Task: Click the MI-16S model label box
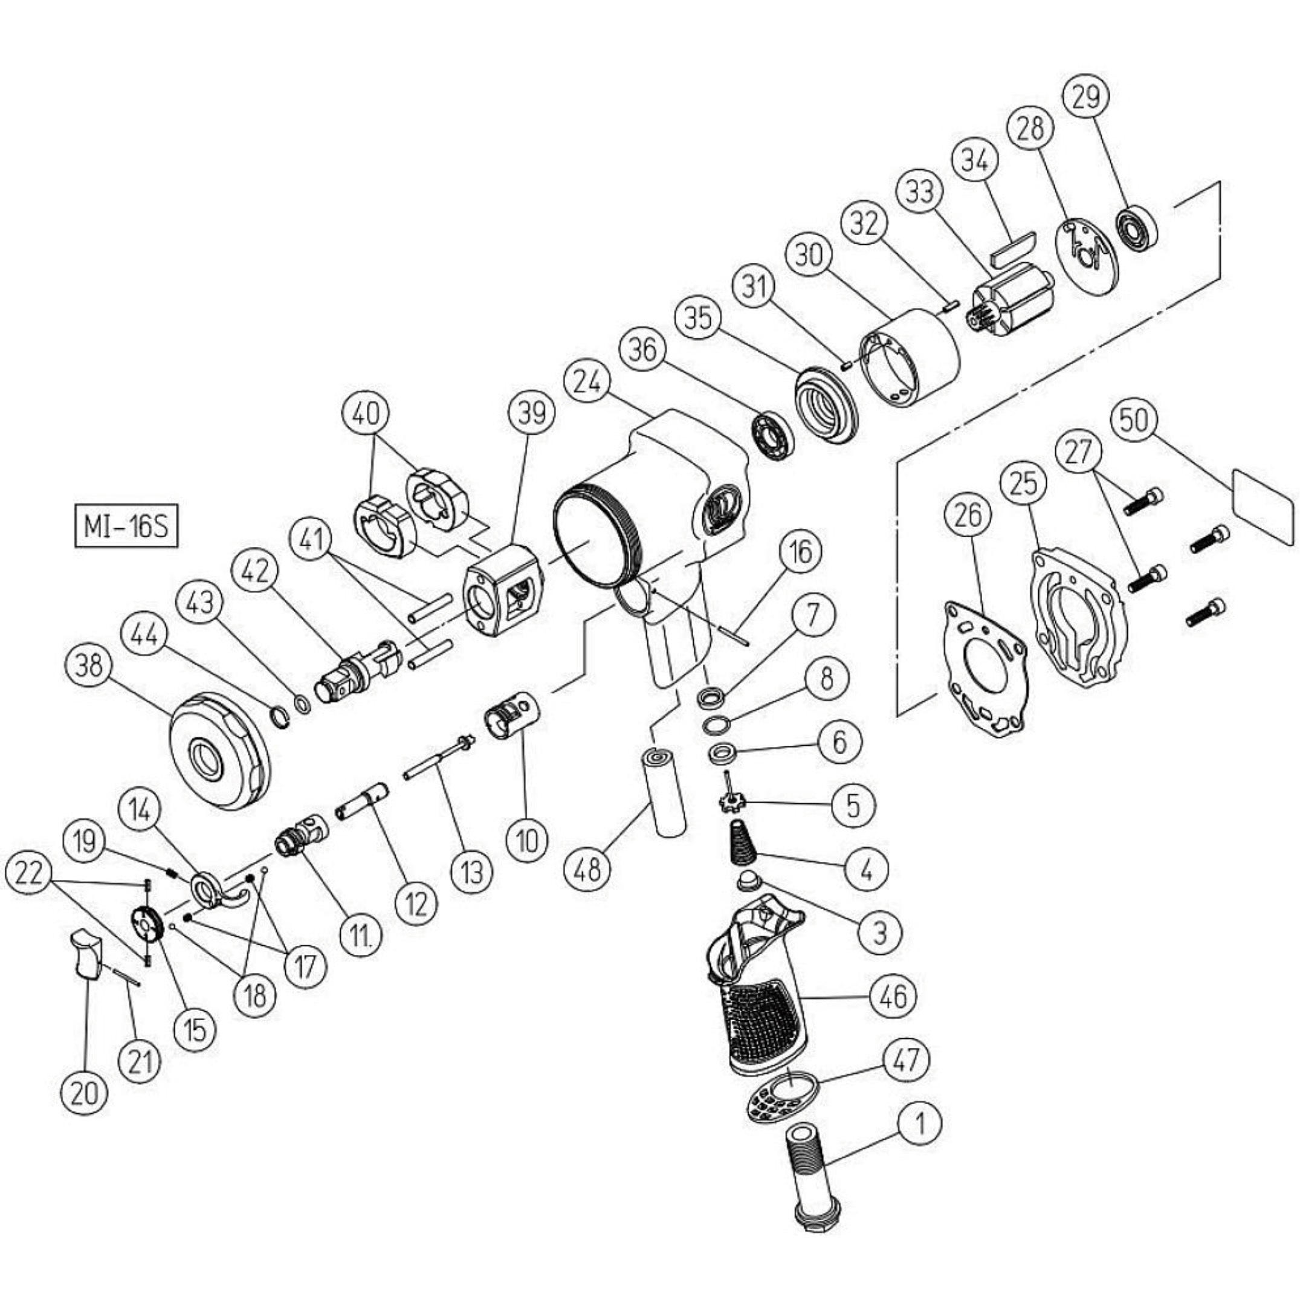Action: coord(126,528)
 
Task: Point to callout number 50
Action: coord(1134,421)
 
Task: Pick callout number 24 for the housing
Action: coord(592,384)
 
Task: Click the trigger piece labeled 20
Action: coord(87,952)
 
